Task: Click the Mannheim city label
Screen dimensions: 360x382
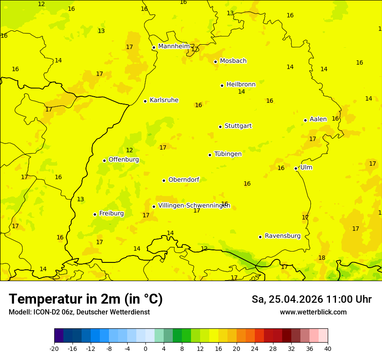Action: click(174, 46)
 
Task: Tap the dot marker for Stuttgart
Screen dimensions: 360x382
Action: click(221, 127)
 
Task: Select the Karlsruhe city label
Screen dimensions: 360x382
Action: click(164, 100)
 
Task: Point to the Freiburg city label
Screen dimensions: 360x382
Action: click(111, 213)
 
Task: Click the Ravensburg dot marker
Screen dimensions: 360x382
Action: click(260, 237)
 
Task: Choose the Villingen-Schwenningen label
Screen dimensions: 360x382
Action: click(194, 206)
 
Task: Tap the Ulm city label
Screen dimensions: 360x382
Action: click(306, 167)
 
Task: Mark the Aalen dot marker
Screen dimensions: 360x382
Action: click(306, 120)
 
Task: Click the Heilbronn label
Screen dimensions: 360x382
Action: click(241, 85)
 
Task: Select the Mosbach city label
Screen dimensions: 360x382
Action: click(233, 61)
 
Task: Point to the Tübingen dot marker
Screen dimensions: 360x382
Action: click(210, 155)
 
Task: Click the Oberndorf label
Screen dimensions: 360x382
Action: click(184, 180)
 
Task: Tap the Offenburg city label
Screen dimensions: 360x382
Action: click(124, 160)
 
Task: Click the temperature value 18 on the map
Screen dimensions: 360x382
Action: click(322, 258)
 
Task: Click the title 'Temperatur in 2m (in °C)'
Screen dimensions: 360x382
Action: click(86, 299)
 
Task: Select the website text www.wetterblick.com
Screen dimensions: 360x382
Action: click(313, 312)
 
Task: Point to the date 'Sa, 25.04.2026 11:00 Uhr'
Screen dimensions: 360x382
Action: click(311, 299)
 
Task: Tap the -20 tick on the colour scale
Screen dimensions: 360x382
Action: click(54, 349)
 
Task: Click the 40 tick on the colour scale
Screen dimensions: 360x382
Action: click(328, 349)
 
